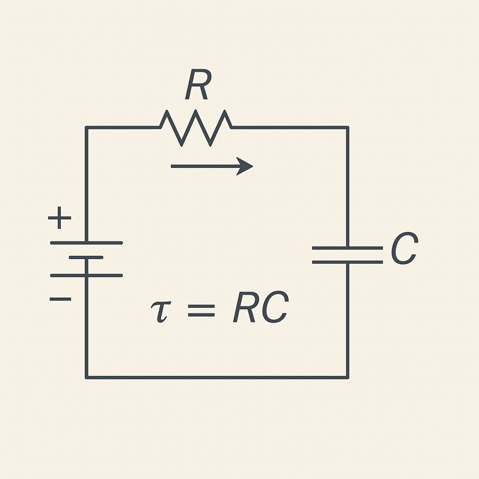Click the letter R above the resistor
(196, 86)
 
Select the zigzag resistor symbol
(196, 127)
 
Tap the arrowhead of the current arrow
(246, 166)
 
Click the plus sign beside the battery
(60, 218)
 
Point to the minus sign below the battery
(60, 298)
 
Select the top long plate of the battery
(86, 243)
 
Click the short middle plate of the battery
(86, 257)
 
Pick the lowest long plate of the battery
(86, 275)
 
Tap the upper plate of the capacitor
(347, 247)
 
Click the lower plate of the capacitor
(347, 262)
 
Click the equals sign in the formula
(201, 310)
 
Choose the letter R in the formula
(243, 309)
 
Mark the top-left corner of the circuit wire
(86, 127)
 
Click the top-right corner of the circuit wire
(348, 127)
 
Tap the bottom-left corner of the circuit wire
(86, 377)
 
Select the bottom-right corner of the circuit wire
(348, 377)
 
